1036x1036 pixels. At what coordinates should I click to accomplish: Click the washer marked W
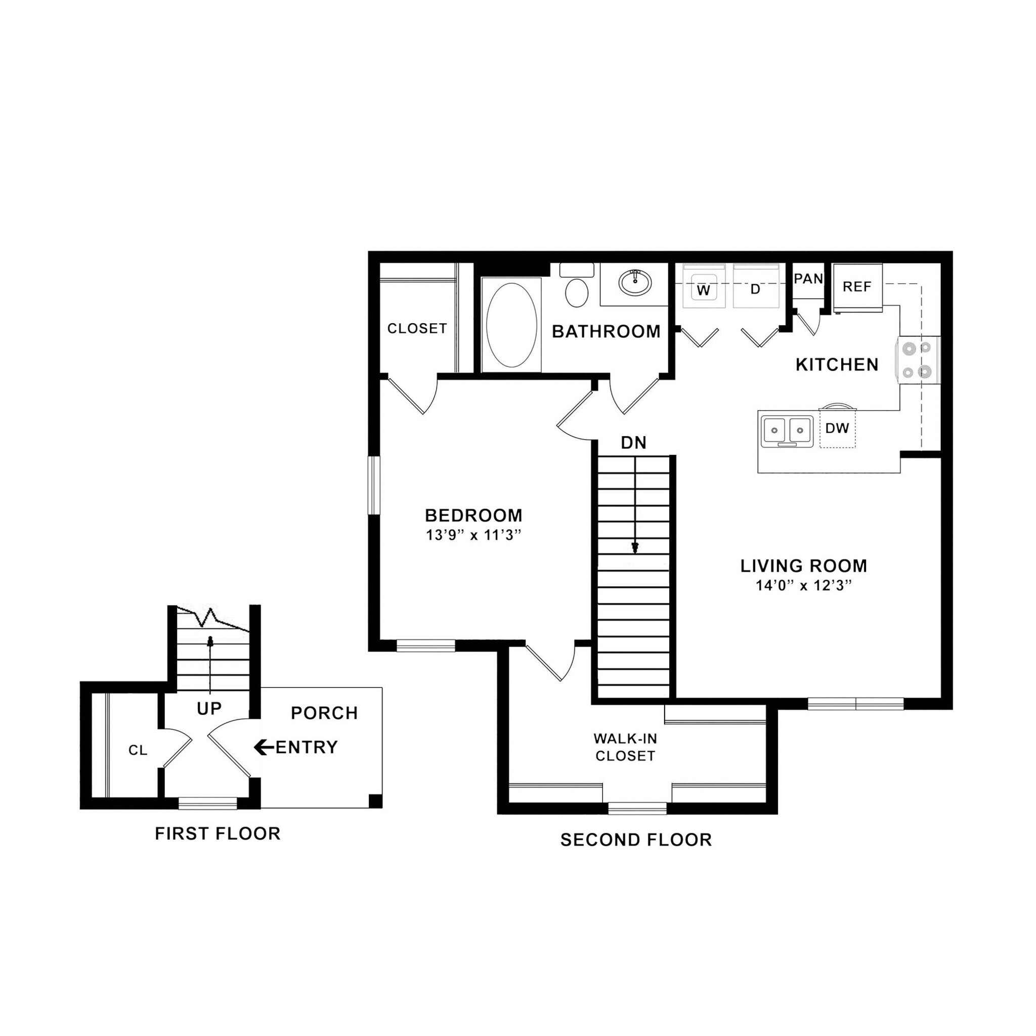704,290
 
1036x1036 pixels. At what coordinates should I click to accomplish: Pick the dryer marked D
756,289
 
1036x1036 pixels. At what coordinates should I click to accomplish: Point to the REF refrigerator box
857,287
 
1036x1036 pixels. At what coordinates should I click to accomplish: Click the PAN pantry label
808,279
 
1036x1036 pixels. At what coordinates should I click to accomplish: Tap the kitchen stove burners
918,360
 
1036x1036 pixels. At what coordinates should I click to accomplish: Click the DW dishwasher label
837,428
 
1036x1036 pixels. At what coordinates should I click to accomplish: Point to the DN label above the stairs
634,443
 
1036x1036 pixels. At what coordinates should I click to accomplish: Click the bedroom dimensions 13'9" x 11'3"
473,535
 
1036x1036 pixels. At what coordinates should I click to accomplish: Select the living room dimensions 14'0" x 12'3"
804,586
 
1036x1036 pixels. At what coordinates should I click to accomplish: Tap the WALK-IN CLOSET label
625,747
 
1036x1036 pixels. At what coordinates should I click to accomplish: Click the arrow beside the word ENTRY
263,747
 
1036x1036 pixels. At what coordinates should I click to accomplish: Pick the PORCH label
324,713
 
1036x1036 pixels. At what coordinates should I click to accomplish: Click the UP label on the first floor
209,709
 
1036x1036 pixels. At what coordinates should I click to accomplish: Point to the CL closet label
138,750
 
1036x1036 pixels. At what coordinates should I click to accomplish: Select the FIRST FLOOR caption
218,833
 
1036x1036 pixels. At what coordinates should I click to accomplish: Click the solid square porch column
376,801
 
